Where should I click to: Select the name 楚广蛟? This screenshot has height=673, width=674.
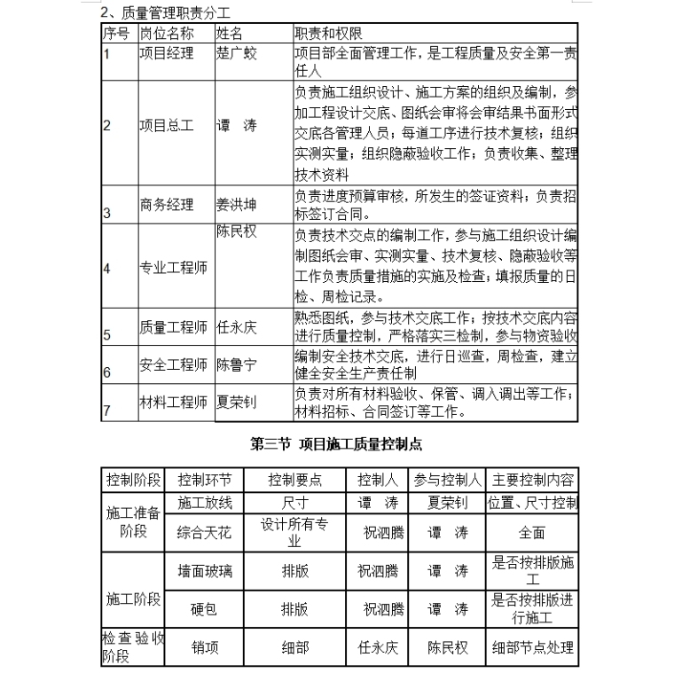point(237,53)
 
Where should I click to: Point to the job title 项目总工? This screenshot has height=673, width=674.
point(166,126)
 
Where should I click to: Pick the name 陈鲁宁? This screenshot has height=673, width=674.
point(236,364)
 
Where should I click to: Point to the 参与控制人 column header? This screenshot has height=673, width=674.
point(447,480)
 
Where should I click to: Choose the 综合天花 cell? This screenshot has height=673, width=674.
point(205,533)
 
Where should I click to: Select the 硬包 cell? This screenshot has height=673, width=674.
point(205,609)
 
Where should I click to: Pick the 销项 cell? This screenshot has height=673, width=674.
point(205,648)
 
